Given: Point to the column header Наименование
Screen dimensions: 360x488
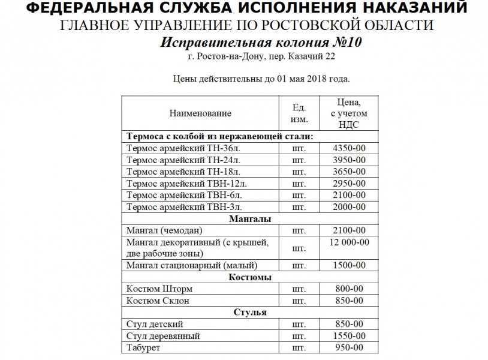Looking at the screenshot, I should pyautogui.click(x=200, y=113).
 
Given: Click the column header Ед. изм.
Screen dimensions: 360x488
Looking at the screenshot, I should pyautogui.click(x=299, y=113).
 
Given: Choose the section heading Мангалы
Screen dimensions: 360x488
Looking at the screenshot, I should pyautogui.click(x=250, y=219).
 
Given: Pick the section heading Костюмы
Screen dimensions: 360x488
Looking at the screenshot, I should pyautogui.click(x=250, y=277).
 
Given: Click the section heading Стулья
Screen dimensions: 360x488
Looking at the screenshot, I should pyautogui.click(x=250, y=312).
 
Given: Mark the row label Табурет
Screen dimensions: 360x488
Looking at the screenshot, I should pyautogui.click(x=144, y=348).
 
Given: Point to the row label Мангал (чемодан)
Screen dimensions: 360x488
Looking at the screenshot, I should pyautogui.click(x=165, y=230).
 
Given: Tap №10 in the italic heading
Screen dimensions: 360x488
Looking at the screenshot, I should pyautogui.click(x=344, y=43).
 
